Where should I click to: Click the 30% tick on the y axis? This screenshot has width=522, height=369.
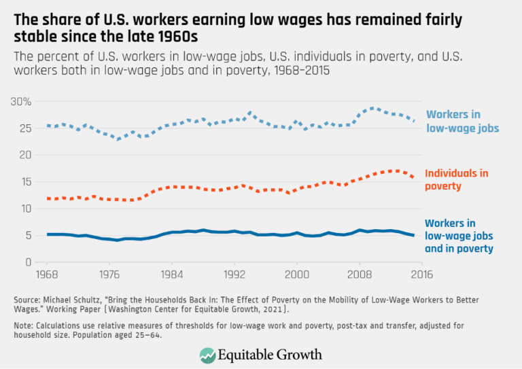pos(21,101)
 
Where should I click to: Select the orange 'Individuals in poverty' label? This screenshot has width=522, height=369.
pos(456,179)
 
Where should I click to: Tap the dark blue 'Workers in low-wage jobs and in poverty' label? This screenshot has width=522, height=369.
pos(459,236)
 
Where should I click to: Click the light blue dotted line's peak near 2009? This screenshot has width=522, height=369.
pos(371,108)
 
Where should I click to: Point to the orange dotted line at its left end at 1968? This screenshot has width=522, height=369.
pos(46,198)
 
